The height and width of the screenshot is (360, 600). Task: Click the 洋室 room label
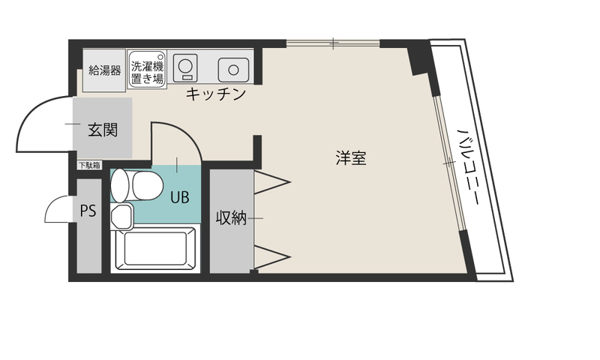(351, 158)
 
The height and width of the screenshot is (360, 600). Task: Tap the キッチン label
(215, 94)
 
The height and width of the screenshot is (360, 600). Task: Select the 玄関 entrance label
(103, 130)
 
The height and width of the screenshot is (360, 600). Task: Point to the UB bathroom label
(179, 197)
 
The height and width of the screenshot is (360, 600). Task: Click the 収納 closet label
(231, 217)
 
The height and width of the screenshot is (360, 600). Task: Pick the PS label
(88, 211)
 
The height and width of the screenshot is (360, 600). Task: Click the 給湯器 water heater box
(104, 70)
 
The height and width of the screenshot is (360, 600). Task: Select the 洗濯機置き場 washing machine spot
(147, 70)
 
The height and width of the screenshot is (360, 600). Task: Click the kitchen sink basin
(233, 70)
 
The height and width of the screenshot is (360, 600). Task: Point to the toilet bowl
(147, 185)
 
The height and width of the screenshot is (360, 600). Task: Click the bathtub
(155, 248)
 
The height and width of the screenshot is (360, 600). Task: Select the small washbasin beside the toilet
(121, 216)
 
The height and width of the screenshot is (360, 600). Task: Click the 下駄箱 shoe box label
(89, 165)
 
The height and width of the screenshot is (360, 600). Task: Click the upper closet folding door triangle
(272, 182)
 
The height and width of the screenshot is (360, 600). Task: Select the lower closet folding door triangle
(272, 256)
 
